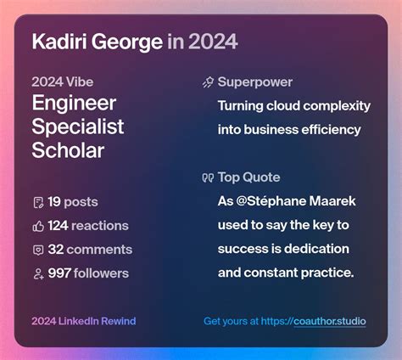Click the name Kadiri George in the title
(97, 42)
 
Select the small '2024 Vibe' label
(62, 82)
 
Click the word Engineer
(74, 104)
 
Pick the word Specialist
(78, 127)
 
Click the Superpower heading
(254, 82)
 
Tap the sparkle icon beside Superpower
(208, 82)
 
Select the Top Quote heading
(248, 177)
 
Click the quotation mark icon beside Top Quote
(208, 177)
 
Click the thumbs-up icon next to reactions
(37, 226)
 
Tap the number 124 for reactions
(59, 226)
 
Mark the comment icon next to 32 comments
(37, 250)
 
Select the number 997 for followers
(59, 273)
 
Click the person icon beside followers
(37, 273)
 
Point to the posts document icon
(37, 202)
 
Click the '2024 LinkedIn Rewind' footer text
(83, 322)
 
